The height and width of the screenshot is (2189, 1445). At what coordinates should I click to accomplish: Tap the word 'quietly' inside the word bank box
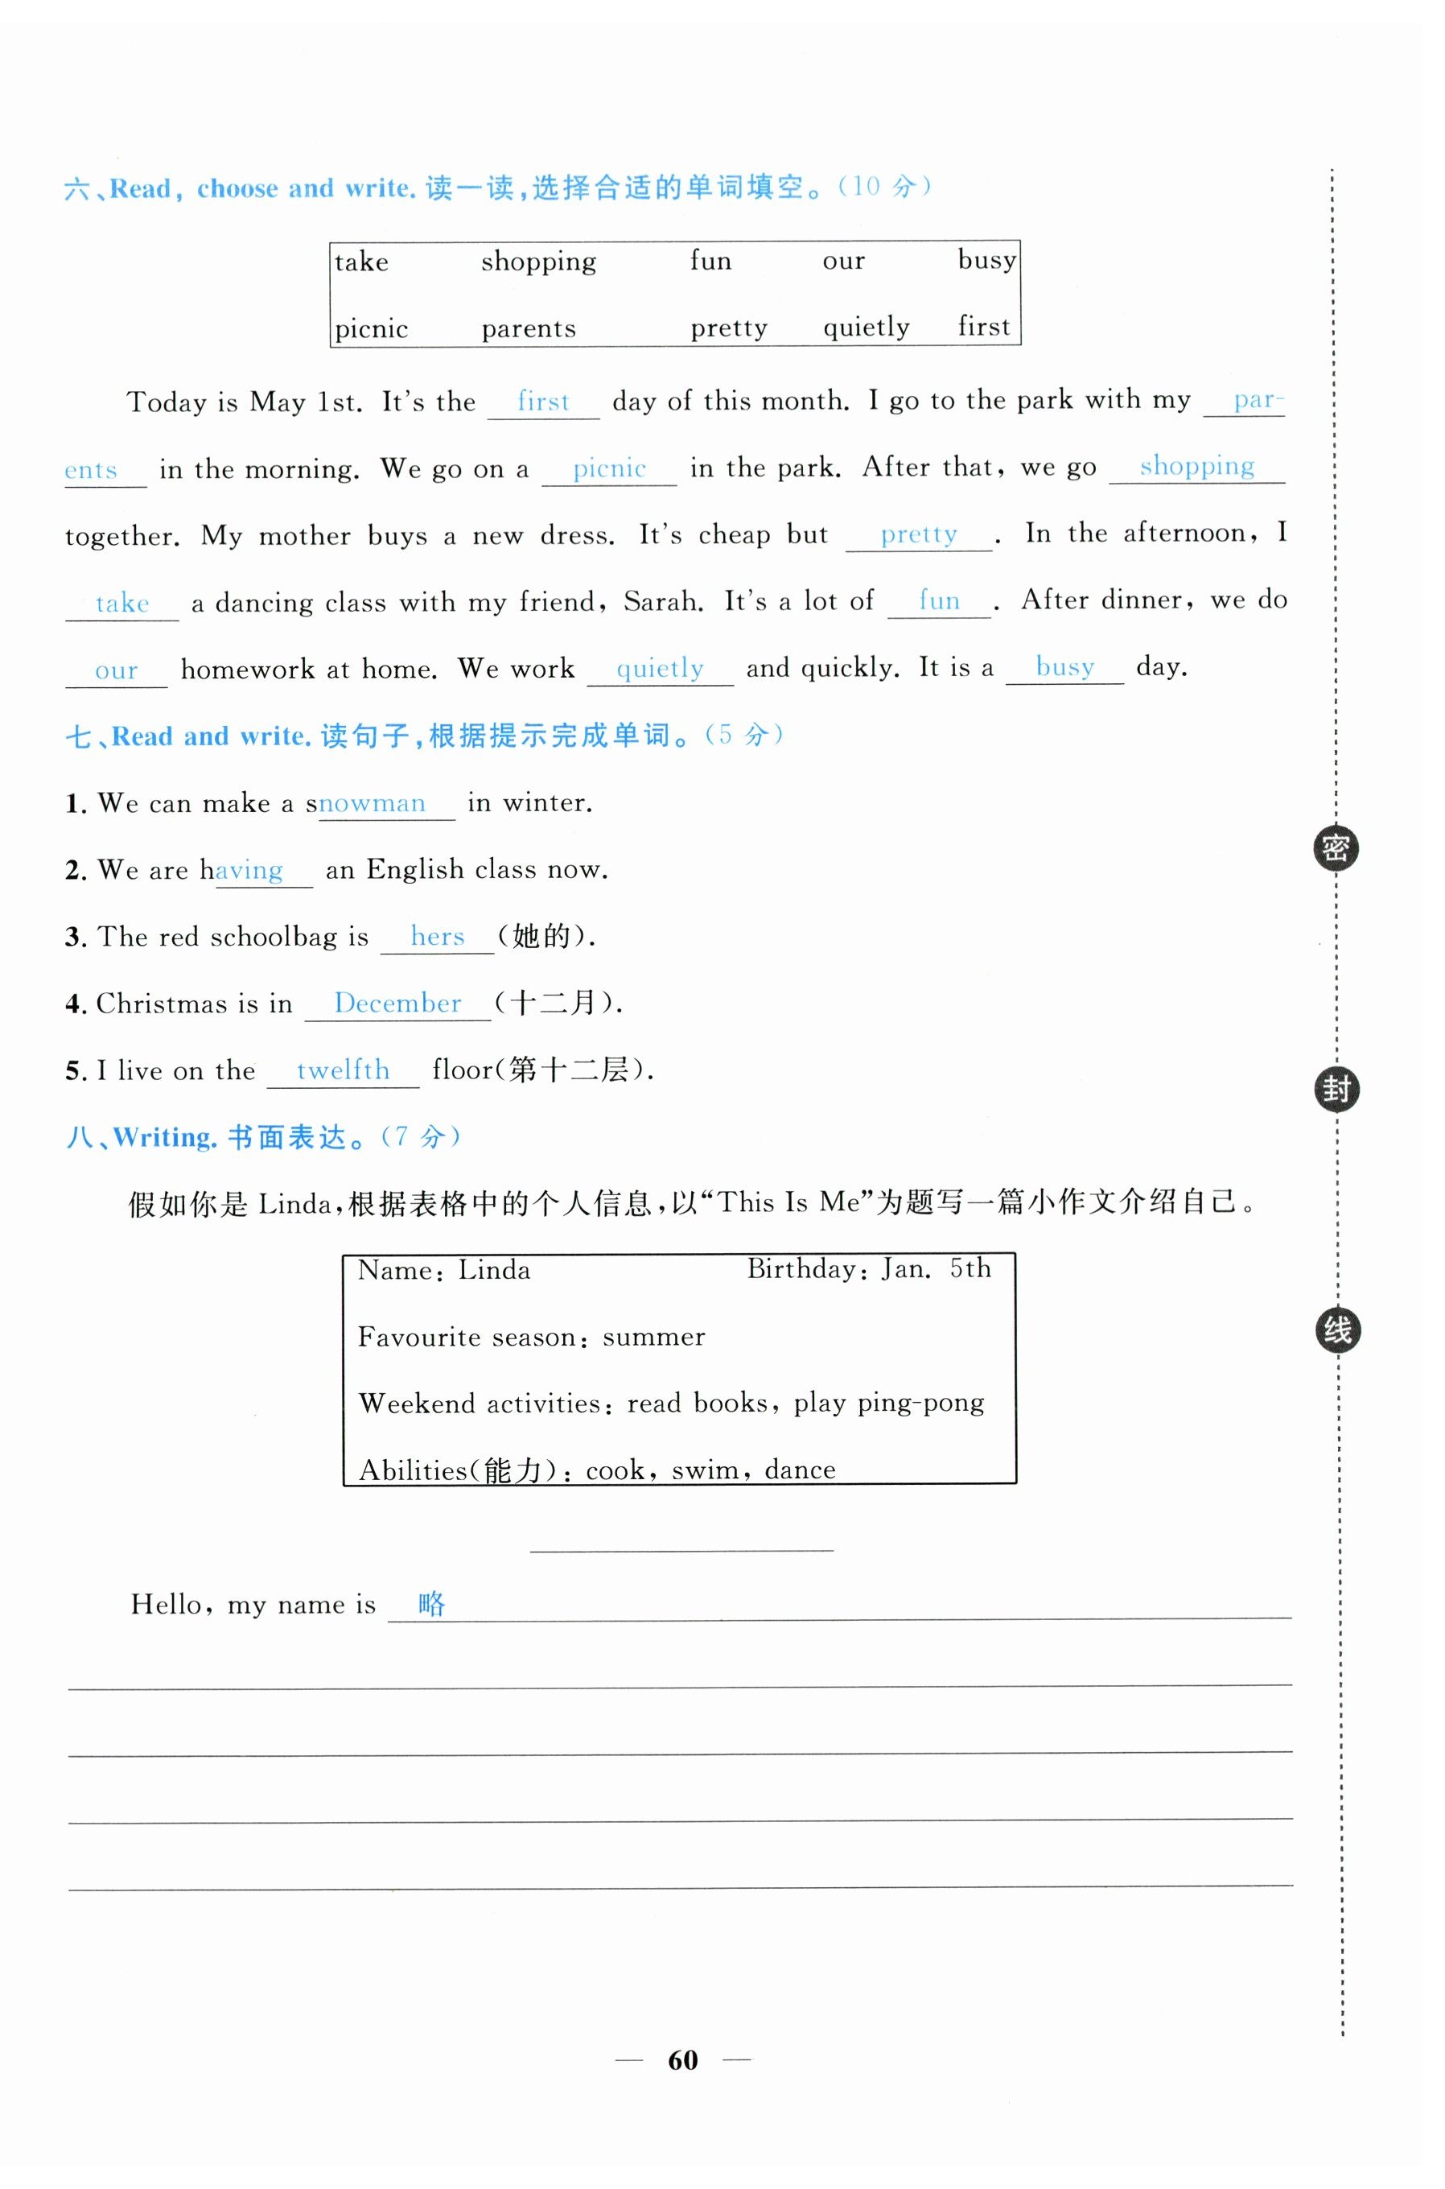pos(866,328)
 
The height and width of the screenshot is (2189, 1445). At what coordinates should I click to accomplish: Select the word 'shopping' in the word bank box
pos(538,262)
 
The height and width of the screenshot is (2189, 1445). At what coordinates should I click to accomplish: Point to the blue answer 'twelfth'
pos(343,1070)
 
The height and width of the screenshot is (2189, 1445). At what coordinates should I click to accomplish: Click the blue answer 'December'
pos(397,1003)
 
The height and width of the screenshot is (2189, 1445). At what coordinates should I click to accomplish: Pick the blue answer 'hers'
pos(437,937)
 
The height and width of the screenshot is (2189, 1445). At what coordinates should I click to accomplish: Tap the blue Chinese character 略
pos(431,1604)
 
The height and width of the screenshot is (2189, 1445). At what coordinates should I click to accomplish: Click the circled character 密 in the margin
pos(1336,848)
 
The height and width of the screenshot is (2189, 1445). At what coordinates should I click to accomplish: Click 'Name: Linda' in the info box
pos(443,1271)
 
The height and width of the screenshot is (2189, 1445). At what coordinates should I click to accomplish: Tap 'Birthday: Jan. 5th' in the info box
pos(868,1269)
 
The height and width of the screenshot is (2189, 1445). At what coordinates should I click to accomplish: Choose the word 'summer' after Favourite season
pos(653,1338)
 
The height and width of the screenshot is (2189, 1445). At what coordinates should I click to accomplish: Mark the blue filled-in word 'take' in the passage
pos(121,604)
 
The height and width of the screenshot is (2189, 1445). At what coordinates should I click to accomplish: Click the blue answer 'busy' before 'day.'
pos(1064,667)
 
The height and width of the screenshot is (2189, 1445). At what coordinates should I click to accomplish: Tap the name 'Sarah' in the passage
pos(661,602)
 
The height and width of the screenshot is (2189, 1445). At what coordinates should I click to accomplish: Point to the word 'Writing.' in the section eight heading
pos(165,1137)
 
